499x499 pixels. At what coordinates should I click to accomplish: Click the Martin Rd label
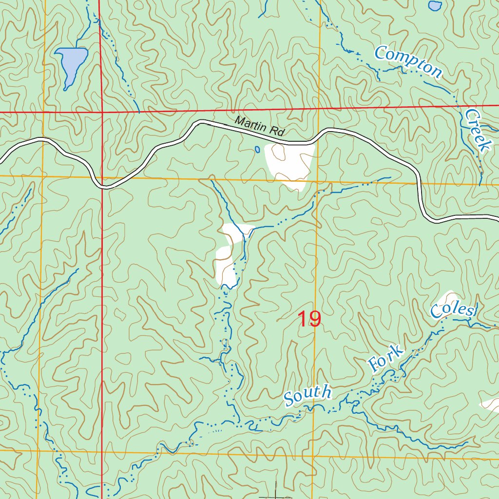259,126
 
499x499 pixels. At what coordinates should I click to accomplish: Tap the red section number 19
309,320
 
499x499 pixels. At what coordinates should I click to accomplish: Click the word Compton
408,61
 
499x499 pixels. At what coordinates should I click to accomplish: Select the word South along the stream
308,395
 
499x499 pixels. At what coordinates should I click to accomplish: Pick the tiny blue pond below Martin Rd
257,150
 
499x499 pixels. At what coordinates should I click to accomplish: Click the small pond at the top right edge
435,5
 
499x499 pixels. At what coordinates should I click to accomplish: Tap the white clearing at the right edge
491,403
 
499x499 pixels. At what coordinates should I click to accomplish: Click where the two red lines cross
102,112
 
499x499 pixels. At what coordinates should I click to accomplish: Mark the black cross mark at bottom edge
276,494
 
